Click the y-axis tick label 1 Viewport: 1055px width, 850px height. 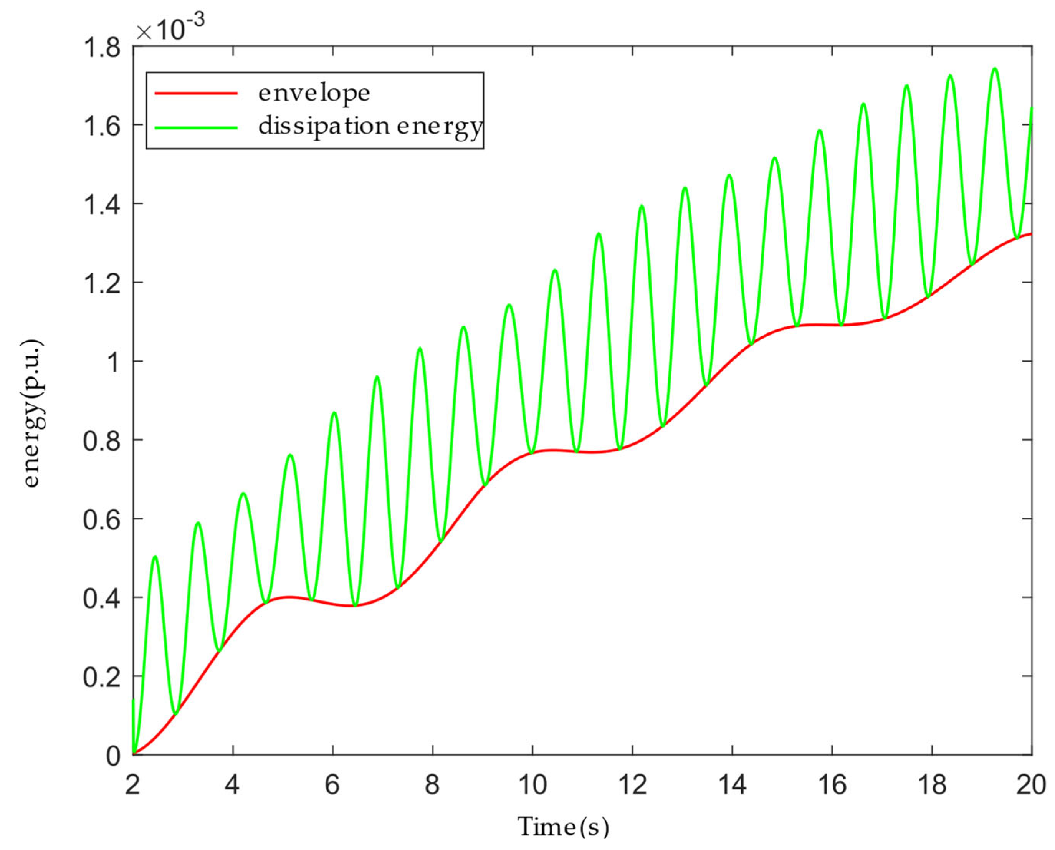[114, 363]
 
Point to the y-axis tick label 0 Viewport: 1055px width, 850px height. [113, 756]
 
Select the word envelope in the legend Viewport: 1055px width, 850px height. [314, 93]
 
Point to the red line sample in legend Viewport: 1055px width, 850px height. [196, 93]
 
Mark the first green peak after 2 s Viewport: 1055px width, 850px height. [155, 556]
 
